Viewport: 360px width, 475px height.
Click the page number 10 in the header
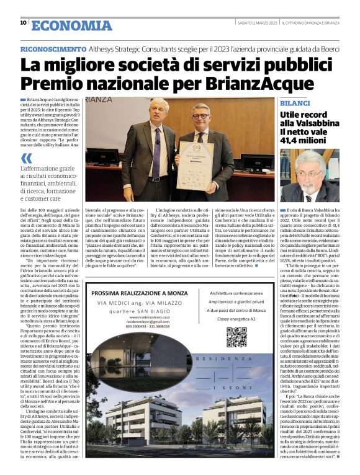point(23,23)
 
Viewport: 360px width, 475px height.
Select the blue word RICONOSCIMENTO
point(53,48)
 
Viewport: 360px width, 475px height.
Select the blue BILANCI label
point(297,102)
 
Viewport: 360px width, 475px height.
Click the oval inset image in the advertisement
point(127,358)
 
